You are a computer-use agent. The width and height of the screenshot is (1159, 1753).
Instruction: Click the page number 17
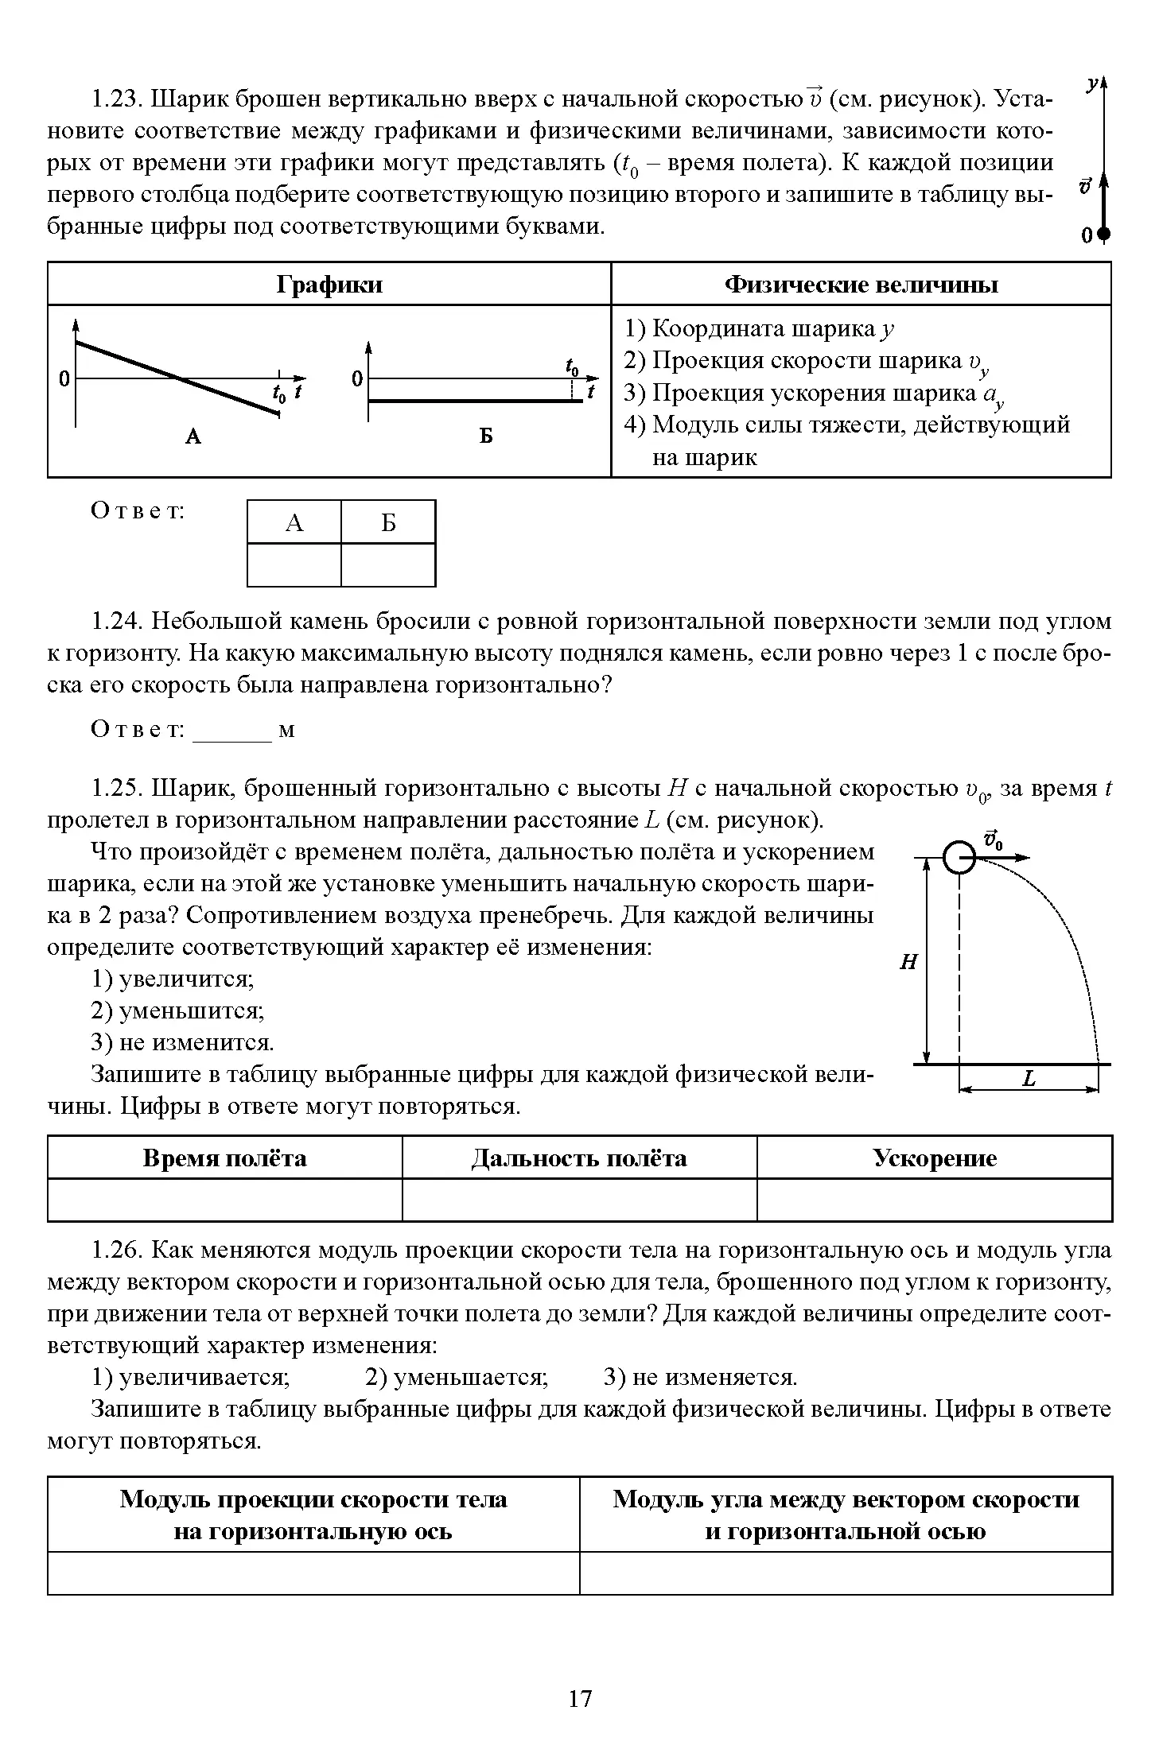point(580,1699)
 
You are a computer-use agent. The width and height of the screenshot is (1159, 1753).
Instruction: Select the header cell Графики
point(329,285)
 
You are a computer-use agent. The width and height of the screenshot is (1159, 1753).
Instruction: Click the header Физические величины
point(861,285)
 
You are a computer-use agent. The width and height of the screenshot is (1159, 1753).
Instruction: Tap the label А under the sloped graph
point(193,436)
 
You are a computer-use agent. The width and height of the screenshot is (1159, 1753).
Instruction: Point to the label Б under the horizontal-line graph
point(485,436)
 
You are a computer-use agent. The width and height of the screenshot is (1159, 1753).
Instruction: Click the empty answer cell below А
point(294,564)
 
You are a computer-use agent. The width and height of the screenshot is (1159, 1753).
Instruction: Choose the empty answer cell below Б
point(388,564)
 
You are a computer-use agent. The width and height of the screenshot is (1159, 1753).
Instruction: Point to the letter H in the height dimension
point(908,963)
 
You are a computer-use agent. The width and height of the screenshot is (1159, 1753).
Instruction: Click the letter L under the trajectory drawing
point(1029,1079)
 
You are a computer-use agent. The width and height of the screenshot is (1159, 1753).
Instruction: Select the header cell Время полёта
point(225,1158)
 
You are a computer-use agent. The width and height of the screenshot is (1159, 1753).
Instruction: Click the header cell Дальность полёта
point(579,1158)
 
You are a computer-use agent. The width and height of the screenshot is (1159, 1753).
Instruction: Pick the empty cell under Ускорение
point(934,1199)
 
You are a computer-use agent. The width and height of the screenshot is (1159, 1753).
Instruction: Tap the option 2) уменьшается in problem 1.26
point(457,1377)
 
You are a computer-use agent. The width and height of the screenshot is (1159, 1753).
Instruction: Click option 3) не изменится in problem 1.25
point(183,1042)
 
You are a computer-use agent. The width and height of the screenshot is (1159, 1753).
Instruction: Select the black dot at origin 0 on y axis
point(1103,234)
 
